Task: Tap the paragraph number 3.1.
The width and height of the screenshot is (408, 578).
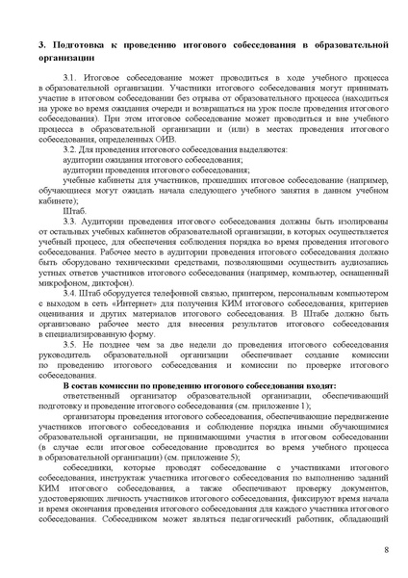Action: [70, 75]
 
